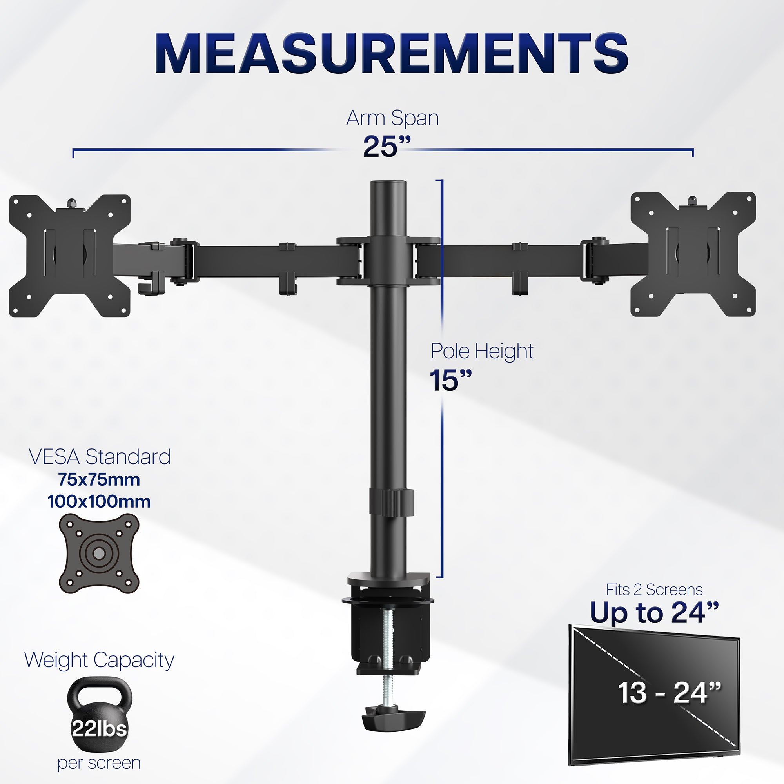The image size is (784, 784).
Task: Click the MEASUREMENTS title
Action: tap(392, 54)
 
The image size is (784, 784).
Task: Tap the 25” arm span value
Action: tap(386, 147)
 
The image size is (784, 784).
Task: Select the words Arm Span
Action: tap(392, 118)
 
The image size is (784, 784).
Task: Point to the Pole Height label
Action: tap(482, 351)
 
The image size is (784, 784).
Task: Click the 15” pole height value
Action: tap(450, 380)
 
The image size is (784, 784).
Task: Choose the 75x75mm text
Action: tap(99, 480)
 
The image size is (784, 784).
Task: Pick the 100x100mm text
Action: tap(99, 502)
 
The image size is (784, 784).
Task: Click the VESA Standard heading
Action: tap(100, 457)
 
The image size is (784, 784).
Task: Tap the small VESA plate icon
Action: tap(99, 553)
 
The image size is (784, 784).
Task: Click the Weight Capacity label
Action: tap(99, 660)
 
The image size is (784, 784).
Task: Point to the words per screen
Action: tap(99, 763)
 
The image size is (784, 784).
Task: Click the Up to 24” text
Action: tap(654, 612)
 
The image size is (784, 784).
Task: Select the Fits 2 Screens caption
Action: tap(654, 590)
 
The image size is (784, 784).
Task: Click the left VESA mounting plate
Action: tap(70, 256)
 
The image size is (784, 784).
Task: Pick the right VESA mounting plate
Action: tap(693, 254)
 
